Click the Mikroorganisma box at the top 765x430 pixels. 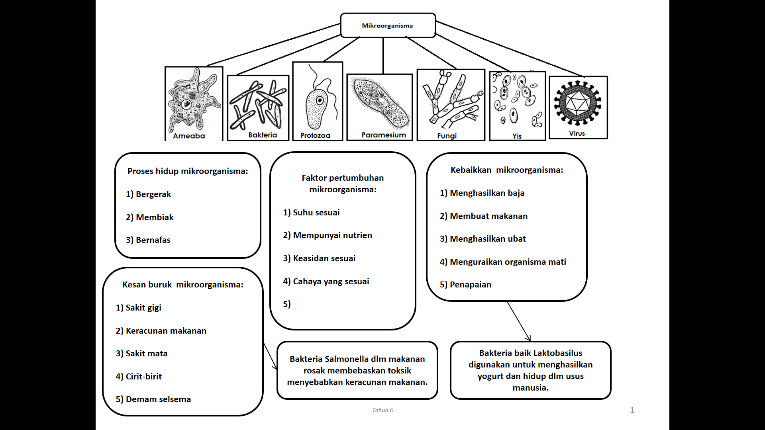[387, 25]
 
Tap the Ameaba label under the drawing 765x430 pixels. [189, 136]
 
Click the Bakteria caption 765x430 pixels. [263, 135]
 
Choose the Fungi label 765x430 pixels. [447, 136]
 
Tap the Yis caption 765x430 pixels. [517, 136]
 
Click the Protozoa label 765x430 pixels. [315, 135]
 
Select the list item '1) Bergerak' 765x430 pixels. [148, 194]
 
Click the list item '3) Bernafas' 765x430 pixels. [148, 240]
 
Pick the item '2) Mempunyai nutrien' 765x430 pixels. [328, 235]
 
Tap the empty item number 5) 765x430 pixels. [287, 304]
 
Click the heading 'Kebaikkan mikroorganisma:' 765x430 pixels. [507, 170]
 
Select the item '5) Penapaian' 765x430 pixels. [465, 285]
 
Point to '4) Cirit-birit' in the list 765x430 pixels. [139, 377]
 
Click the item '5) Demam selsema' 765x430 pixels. [153, 399]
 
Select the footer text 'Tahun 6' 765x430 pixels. [382, 410]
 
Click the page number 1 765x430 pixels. [632, 410]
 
